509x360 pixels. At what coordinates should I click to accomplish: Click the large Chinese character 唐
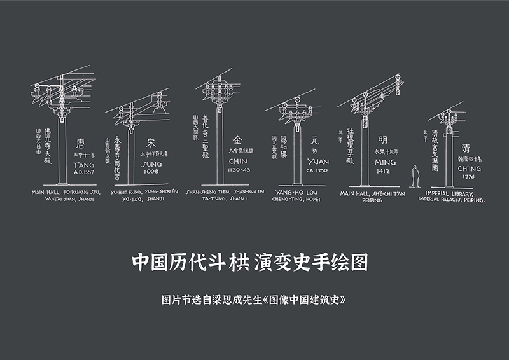pos(80,144)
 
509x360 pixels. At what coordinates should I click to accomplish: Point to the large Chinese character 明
pos(382,139)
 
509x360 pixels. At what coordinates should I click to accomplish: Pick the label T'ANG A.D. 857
pos(84,167)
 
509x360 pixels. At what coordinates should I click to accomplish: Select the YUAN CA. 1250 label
pos(317,166)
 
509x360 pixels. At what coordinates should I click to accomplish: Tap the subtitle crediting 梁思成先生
pos(253,298)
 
